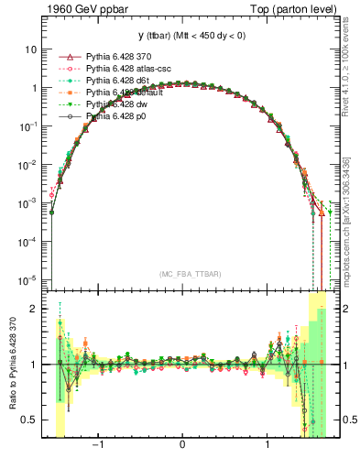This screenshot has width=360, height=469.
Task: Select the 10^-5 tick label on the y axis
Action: (x=29, y=279)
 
